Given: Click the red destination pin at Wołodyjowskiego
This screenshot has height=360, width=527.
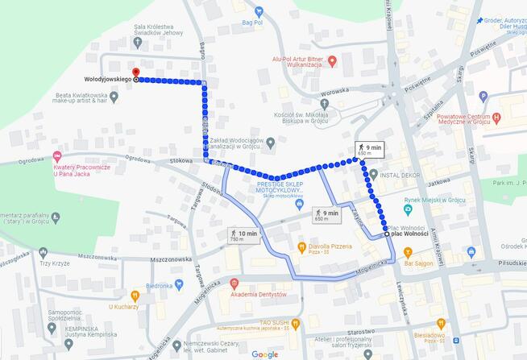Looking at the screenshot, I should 135,70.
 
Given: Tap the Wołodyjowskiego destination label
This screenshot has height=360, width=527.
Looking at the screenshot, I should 108,80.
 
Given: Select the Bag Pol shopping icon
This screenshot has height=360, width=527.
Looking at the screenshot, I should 259,12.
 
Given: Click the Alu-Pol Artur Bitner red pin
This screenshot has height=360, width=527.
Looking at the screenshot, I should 331,62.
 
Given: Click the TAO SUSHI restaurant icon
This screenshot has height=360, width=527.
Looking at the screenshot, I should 294,324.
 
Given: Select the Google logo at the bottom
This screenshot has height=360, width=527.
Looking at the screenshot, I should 264,354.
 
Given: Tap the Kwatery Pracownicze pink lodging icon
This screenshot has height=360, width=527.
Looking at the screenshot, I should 56,156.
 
